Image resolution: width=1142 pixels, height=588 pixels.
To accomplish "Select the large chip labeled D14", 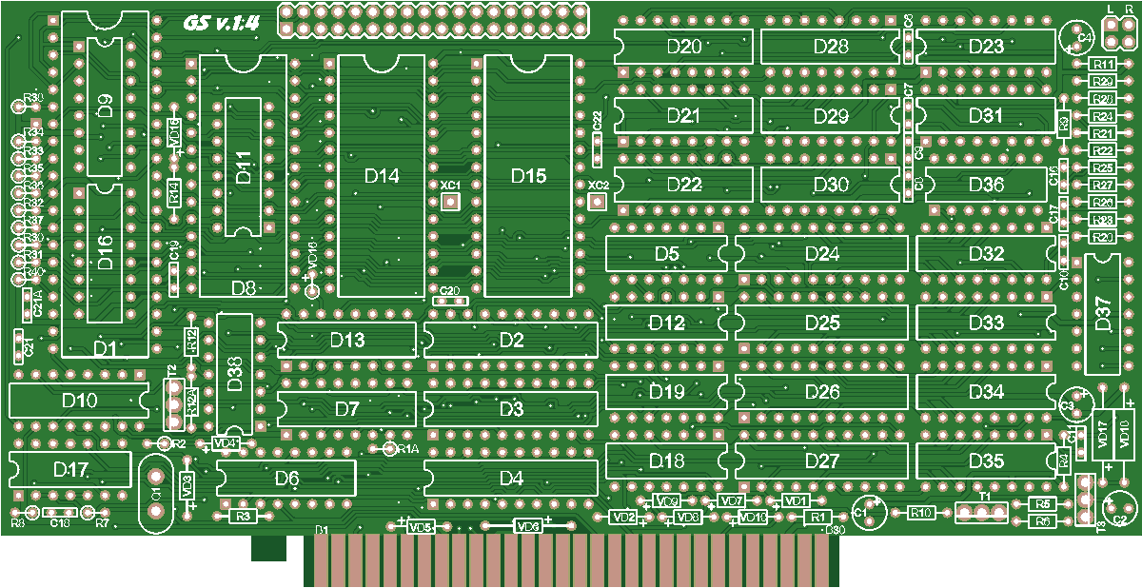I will [x=381, y=176].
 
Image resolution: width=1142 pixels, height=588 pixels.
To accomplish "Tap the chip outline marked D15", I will [x=528, y=176].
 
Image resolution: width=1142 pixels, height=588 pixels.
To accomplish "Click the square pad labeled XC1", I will [x=450, y=201].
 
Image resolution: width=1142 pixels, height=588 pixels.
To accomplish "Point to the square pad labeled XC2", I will [x=598, y=202].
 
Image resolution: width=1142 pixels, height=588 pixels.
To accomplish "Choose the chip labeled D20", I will [x=683, y=47].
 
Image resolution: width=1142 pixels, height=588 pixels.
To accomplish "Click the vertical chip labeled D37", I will [x=1102, y=314].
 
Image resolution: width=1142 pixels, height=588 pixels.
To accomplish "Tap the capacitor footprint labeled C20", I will [x=450, y=302].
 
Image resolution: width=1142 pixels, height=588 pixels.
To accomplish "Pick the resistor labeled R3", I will [x=244, y=516].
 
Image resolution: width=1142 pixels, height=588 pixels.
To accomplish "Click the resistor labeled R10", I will [x=920, y=513].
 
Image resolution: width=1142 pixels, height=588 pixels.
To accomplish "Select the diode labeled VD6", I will [x=527, y=525].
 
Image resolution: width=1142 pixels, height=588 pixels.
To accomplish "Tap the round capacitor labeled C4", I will [x=1075, y=38].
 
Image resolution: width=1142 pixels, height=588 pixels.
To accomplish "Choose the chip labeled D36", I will [x=985, y=185].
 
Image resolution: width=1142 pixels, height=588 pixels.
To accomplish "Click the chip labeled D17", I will [x=70, y=469].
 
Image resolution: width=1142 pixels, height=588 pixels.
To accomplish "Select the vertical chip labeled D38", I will [x=235, y=373].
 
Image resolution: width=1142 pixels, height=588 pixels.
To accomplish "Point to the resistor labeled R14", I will [x=174, y=193].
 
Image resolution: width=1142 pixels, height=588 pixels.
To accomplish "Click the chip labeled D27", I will [x=821, y=461].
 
